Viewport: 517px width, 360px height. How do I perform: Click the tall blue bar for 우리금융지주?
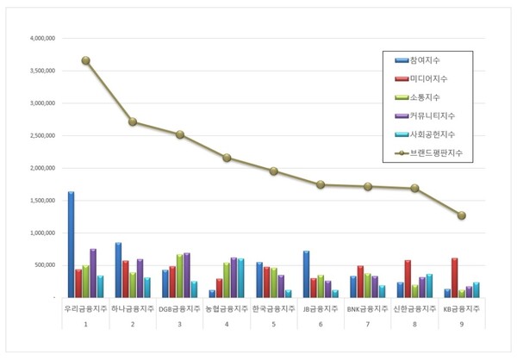[x=71, y=245]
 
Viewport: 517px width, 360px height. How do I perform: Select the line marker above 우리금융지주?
[x=85, y=60]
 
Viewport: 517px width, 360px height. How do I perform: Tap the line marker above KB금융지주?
[x=461, y=215]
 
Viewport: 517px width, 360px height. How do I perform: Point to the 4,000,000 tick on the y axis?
[x=41, y=39]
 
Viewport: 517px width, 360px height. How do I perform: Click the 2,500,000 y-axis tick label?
[x=41, y=136]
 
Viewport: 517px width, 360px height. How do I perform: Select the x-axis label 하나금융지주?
[x=132, y=308]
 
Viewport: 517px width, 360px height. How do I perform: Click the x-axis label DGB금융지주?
[x=179, y=308]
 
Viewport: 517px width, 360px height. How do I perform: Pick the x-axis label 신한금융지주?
[x=414, y=308]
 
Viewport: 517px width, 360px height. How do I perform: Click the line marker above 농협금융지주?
[x=227, y=158]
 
